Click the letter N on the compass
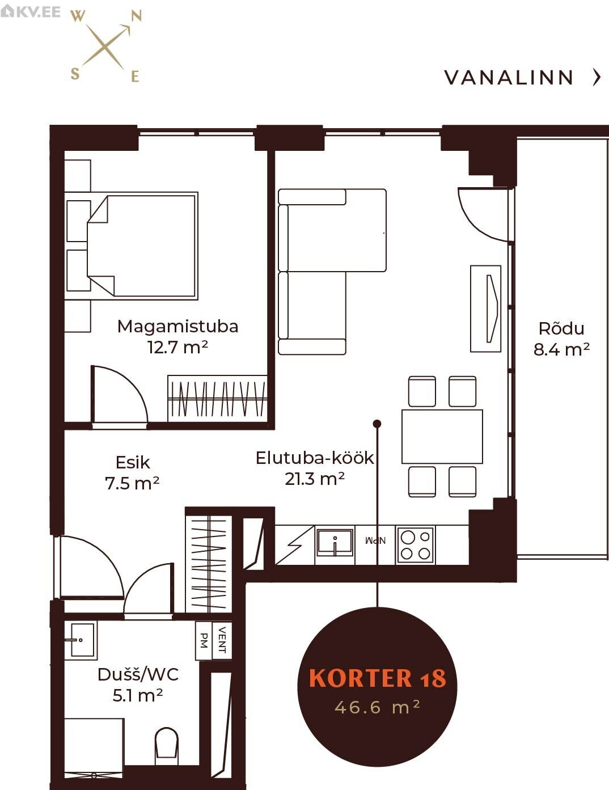pyautogui.click(x=136, y=16)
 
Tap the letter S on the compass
pyautogui.click(x=75, y=74)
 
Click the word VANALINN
pyautogui.click(x=509, y=78)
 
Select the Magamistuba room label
pyautogui.click(x=177, y=327)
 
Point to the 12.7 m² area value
pyautogui.click(x=177, y=347)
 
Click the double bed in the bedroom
pyautogui.click(x=142, y=246)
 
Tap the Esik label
pyautogui.click(x=133, y=462)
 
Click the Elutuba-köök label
pyautogui.click(x=315, y=458)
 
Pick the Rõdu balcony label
pyautogui.click(x=561, y=329)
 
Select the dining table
pyautogui.click(x=442, y=437)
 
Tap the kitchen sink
pyautogui.click(x=335, y=543)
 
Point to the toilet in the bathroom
pyautogui.click(x=167, y=745)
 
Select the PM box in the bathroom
pyautogui.click(x=204, y=640)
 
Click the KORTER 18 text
pyautogui.click(x=377, y=679)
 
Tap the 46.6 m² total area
pyautogui.click(x=377, y=707)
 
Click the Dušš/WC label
pyautogui.click(x=138, y=674)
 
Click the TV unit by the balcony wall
pyautogui.click(x=486, y=309)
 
